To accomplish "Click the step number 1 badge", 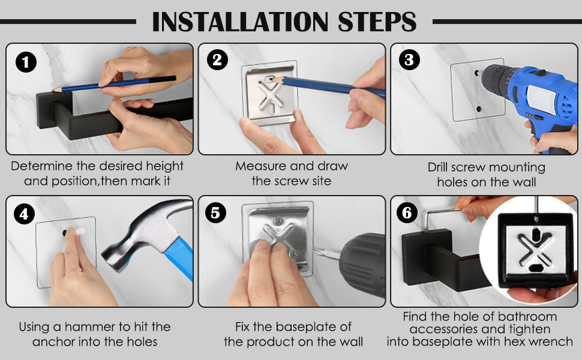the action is point(26,62).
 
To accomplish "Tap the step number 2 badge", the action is point(218,60).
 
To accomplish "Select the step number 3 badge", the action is point(409,60).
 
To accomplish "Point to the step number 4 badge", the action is point(24,214).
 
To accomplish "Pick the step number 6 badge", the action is point(407,212).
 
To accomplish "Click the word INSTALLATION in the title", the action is point(240,22).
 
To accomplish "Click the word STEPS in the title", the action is point(377,22).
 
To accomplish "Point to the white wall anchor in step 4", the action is point(79,232).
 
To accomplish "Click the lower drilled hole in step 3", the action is point(479,109).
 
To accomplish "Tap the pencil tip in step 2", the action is point(271,79).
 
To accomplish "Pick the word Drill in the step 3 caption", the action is point(437,167).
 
